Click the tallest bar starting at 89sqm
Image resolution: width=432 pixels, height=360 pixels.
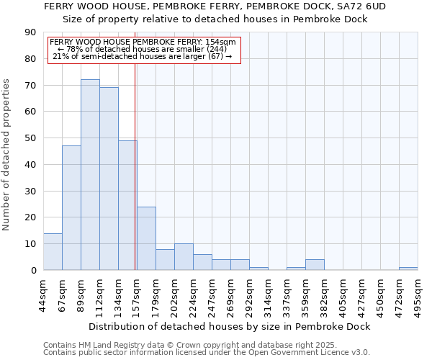90,175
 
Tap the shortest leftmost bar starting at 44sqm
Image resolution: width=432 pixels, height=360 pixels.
53,252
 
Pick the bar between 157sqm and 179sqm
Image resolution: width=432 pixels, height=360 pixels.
146,238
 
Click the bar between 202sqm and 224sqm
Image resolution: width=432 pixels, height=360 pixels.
184,257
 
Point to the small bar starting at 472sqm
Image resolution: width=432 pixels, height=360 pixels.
408,269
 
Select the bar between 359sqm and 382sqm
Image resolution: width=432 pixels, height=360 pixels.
315,265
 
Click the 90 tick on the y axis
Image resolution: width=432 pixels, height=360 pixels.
30,32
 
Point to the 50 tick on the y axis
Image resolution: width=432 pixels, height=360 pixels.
30,138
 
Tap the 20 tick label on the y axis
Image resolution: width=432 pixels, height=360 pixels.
30,217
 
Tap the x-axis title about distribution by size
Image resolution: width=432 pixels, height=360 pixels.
230,326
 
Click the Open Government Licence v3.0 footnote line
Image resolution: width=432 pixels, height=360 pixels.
207,352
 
